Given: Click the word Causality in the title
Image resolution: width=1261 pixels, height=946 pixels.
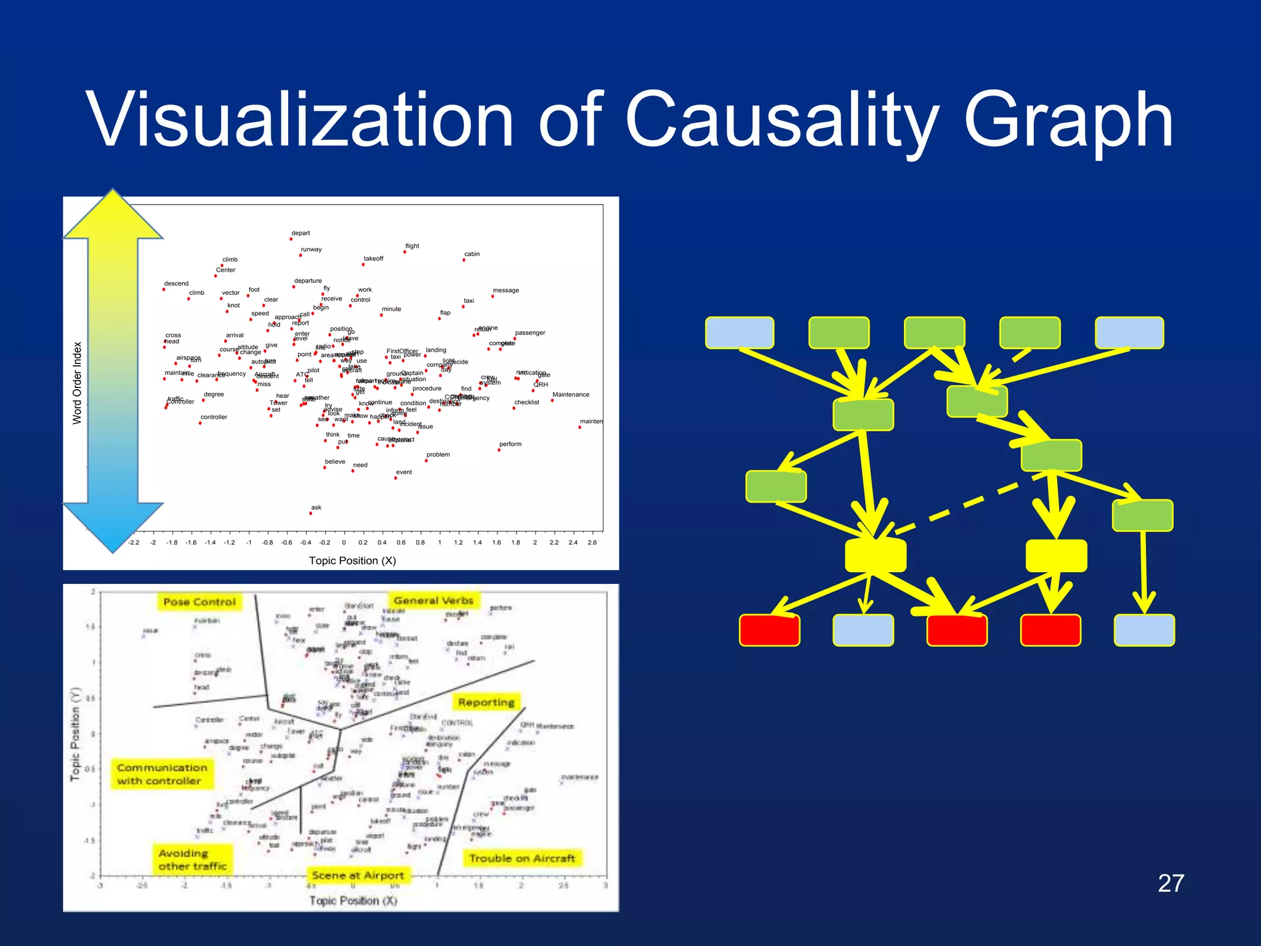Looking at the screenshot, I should click(781, 120).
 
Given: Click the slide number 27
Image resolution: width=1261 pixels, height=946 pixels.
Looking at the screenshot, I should click(1170, 883).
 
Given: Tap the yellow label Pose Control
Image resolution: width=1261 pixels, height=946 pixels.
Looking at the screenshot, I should click(199, 602).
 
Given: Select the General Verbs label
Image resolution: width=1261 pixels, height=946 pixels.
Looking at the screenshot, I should click(433, 600).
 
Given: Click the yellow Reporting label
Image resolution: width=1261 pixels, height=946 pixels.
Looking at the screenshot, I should click(486, 702).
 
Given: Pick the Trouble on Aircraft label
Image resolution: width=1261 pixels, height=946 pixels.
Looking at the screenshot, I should click(522, 858).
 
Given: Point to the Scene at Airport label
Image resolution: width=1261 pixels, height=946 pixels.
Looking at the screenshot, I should click(358, 875).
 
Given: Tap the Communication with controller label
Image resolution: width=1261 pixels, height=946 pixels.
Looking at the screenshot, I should click(161, 774).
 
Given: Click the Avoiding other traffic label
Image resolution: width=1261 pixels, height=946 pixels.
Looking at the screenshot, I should click(192, 860).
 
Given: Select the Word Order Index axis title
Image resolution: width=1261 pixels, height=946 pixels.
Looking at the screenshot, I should click(77, 382).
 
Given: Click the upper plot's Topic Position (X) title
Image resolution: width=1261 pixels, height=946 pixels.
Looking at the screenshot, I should click(352, 560).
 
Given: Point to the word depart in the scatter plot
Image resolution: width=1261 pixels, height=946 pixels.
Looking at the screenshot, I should click(300, 233).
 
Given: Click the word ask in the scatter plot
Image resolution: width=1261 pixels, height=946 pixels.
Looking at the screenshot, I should click(316, 507).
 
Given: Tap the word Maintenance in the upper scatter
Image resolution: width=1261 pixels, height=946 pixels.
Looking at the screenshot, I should click(570, 395).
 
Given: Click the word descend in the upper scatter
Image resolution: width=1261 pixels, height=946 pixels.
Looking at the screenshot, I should click(176, 283).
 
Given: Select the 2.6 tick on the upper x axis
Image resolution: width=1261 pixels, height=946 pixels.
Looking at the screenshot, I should click(592, 543).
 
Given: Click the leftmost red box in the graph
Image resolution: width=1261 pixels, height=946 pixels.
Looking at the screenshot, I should click(769, 630).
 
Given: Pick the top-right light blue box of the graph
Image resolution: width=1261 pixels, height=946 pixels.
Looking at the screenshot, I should click(1129, 333).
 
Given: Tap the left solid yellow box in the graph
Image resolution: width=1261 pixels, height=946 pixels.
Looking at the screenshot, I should click(875, 556).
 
